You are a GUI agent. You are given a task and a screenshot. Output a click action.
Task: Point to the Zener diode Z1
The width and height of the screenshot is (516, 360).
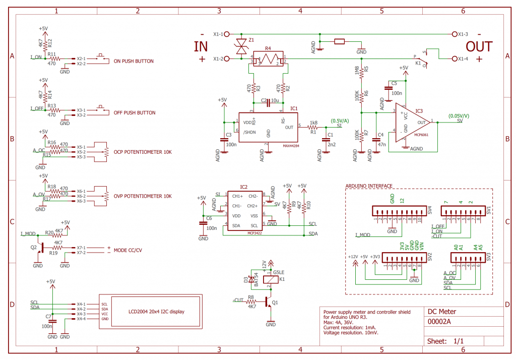[x=242, y=46]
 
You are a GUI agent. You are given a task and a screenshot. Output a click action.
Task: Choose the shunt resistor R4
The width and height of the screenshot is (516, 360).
[x=269, y=59]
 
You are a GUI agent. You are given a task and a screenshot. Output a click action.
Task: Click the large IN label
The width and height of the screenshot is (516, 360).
[x=201, y=47]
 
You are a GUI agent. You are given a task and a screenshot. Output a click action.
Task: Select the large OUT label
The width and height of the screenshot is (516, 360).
[x=479, y=47]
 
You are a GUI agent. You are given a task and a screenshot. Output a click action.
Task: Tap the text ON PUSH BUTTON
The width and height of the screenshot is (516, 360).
[x=134, y=62]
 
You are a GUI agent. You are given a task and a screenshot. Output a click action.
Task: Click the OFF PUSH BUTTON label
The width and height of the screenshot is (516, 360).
[x=135, y=113]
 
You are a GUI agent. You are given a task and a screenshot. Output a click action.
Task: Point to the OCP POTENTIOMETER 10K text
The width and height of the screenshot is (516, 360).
[x=143, y=152]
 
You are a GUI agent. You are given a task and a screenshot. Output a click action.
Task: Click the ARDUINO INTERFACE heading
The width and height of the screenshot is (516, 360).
[x=369, y=186]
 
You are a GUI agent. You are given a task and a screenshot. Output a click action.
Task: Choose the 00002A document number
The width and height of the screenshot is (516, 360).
[x=439, y=322]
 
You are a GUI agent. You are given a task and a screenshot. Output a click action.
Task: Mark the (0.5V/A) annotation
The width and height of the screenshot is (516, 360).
[x=340, y=120]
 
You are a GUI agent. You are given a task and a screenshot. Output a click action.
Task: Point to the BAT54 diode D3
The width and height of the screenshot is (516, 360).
[x=252, y=280]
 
